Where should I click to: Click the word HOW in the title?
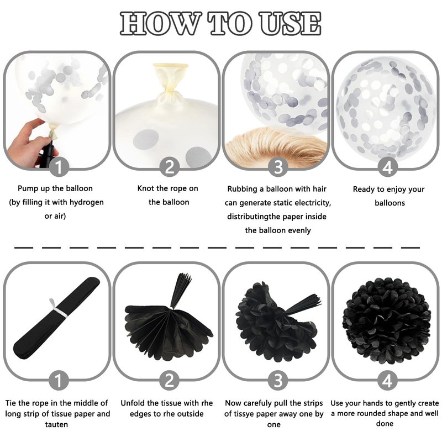(161, 24)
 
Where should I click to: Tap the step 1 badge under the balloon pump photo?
(59, 167)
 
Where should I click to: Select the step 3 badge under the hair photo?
(278, 167)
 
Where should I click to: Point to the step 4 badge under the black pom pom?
(387, 381)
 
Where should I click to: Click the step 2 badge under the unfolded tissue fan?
(169, 381)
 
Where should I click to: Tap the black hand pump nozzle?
(48, 152)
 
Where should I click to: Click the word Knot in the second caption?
(146, 188)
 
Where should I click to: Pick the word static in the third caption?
(282, 203)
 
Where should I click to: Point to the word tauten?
(56, 424)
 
